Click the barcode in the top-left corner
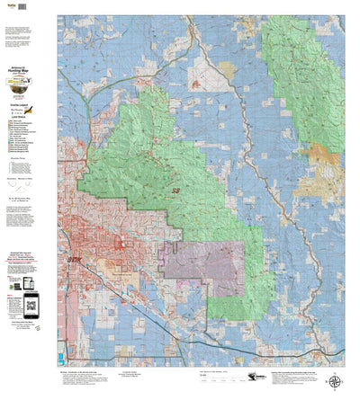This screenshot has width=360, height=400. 10,6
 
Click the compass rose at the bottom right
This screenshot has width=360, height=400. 334,381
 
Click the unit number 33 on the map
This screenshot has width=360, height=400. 175,191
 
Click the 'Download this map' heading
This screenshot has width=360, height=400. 28,254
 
